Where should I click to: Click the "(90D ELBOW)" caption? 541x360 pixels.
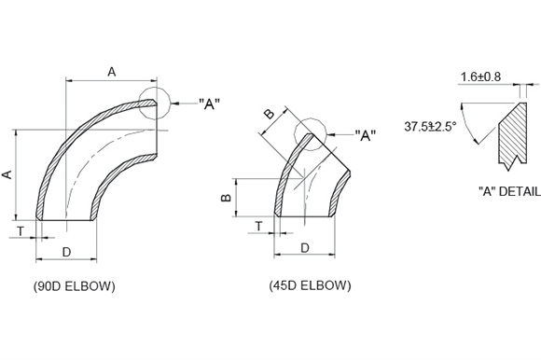[75, 286]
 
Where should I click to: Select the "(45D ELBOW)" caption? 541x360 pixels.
[310, 285]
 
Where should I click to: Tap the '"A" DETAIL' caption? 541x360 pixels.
[509, 191]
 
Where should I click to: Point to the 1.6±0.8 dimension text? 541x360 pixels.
[480, 76]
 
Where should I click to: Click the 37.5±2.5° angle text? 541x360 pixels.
[430, 127]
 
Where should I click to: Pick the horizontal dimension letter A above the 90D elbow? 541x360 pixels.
[111, 72]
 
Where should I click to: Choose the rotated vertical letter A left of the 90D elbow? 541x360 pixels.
[7, 174]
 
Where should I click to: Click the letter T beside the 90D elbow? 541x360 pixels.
[21, 231]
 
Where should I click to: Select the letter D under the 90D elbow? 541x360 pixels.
[66, 252]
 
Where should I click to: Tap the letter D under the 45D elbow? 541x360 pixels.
[305, 248]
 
